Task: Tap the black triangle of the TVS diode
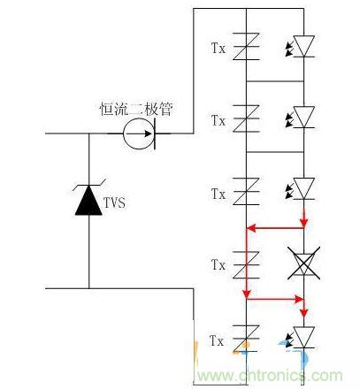tap(88, 202)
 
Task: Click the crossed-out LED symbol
tap(304, 263)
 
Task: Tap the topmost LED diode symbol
tap(304, 46)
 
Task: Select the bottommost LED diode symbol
tap(304, 339)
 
